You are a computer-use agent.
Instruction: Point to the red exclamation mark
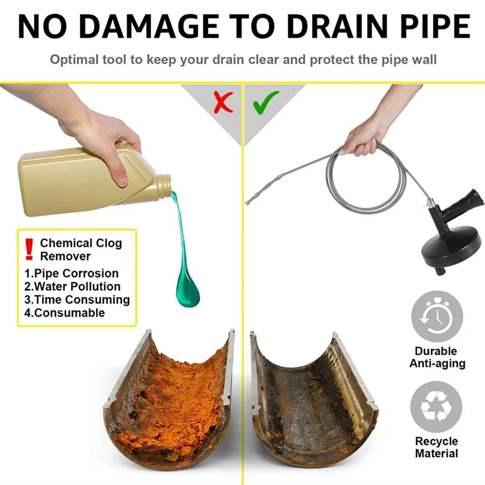[28, 248]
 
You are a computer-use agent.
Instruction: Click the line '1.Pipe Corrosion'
[72, 273]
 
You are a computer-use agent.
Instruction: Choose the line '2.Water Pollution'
[72, 286]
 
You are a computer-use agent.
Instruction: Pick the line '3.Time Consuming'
[77, 299]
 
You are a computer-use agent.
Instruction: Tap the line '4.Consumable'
[64, 313]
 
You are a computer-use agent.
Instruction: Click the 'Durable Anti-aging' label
[436, 358]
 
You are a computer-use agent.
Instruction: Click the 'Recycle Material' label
[436, 447]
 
